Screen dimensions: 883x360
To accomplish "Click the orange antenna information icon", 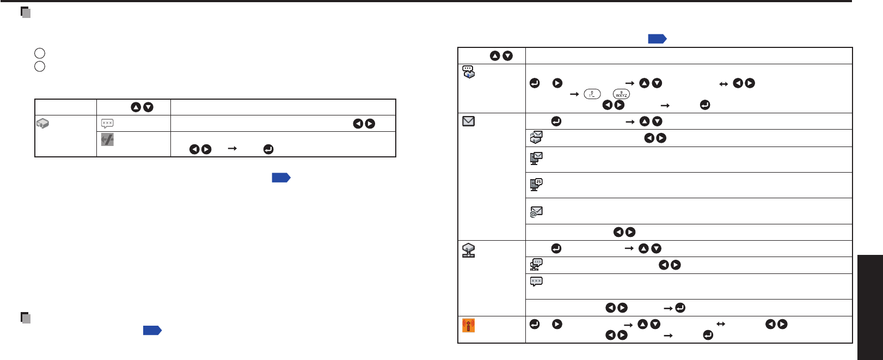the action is (468, 325).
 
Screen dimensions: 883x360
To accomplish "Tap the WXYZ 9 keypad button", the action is (621, 94).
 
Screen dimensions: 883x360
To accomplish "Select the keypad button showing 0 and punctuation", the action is (592, 94).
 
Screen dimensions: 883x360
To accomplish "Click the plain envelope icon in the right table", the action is (468, 121).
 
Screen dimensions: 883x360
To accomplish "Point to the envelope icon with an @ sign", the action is (536, 212).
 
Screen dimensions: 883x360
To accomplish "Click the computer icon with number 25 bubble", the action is (536, 185).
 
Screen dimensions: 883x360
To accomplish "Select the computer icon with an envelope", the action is (536, 158).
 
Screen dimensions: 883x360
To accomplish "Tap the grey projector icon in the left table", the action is (42, 124).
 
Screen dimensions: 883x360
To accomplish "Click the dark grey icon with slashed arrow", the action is (107, 140).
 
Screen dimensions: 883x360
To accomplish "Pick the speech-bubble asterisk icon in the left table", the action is (107, 124).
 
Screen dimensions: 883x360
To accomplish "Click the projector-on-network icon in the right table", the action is (468, 251).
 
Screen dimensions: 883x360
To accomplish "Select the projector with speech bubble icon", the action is (468, 72).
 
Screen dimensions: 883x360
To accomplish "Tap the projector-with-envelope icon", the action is (536, 138).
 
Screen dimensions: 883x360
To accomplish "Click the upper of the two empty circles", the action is (39, 53).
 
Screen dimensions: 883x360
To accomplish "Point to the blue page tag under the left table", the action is (281, 178).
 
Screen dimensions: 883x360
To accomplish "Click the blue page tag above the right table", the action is (657, 39).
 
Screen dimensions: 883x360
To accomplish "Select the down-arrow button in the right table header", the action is (507, 56).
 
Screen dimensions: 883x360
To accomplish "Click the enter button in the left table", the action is (268, 149).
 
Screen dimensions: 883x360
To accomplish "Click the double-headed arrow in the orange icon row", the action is (721, 324).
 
